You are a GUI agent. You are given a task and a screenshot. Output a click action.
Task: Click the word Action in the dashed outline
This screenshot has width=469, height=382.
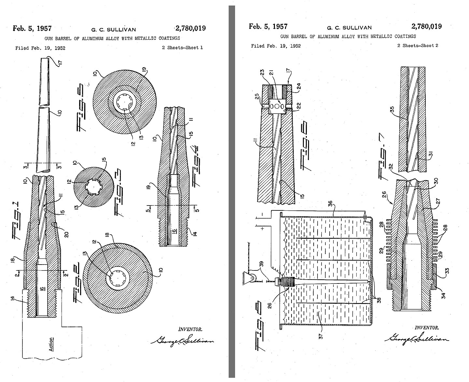[x=51, y=344]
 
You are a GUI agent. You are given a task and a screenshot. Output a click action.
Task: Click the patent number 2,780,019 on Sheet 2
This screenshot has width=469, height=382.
[x=426, y=26]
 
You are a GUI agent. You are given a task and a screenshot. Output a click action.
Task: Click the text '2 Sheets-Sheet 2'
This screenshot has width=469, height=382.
[x=418, y=46]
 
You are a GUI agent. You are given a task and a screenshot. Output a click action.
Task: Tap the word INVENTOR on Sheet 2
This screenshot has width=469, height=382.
[x=426, y=328]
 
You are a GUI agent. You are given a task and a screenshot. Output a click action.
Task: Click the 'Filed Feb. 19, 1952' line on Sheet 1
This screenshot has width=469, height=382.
[x=40, y=48]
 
